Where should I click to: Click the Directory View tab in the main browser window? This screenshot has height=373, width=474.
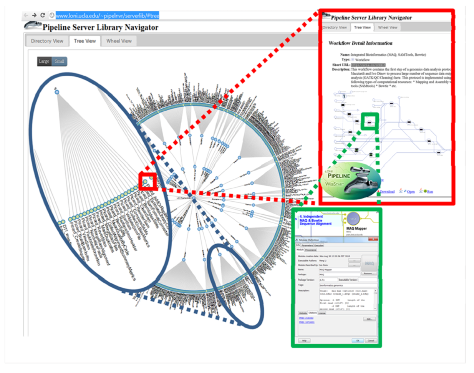pos(47,41)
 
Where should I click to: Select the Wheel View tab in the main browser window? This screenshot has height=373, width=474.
pos(119,41)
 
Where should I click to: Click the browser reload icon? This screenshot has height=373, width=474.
pos(43,15)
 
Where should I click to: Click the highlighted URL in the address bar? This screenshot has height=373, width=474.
pos(107,16)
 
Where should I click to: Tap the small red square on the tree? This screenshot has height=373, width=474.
pos(148,181)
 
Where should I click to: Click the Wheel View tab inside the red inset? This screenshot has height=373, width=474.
pos(387,28)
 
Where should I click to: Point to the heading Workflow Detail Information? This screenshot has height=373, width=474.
pos(360,43)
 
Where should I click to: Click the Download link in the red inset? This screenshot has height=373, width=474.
pos(387,191)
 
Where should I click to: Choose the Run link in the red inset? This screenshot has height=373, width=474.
pos(429,191)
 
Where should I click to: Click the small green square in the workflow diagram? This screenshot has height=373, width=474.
pos(370,122)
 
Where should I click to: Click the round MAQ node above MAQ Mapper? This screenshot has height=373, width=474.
pos(353,219)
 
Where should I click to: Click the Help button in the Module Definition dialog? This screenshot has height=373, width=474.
pos(304,340)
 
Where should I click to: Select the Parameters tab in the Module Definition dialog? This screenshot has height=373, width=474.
pos(307,245)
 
